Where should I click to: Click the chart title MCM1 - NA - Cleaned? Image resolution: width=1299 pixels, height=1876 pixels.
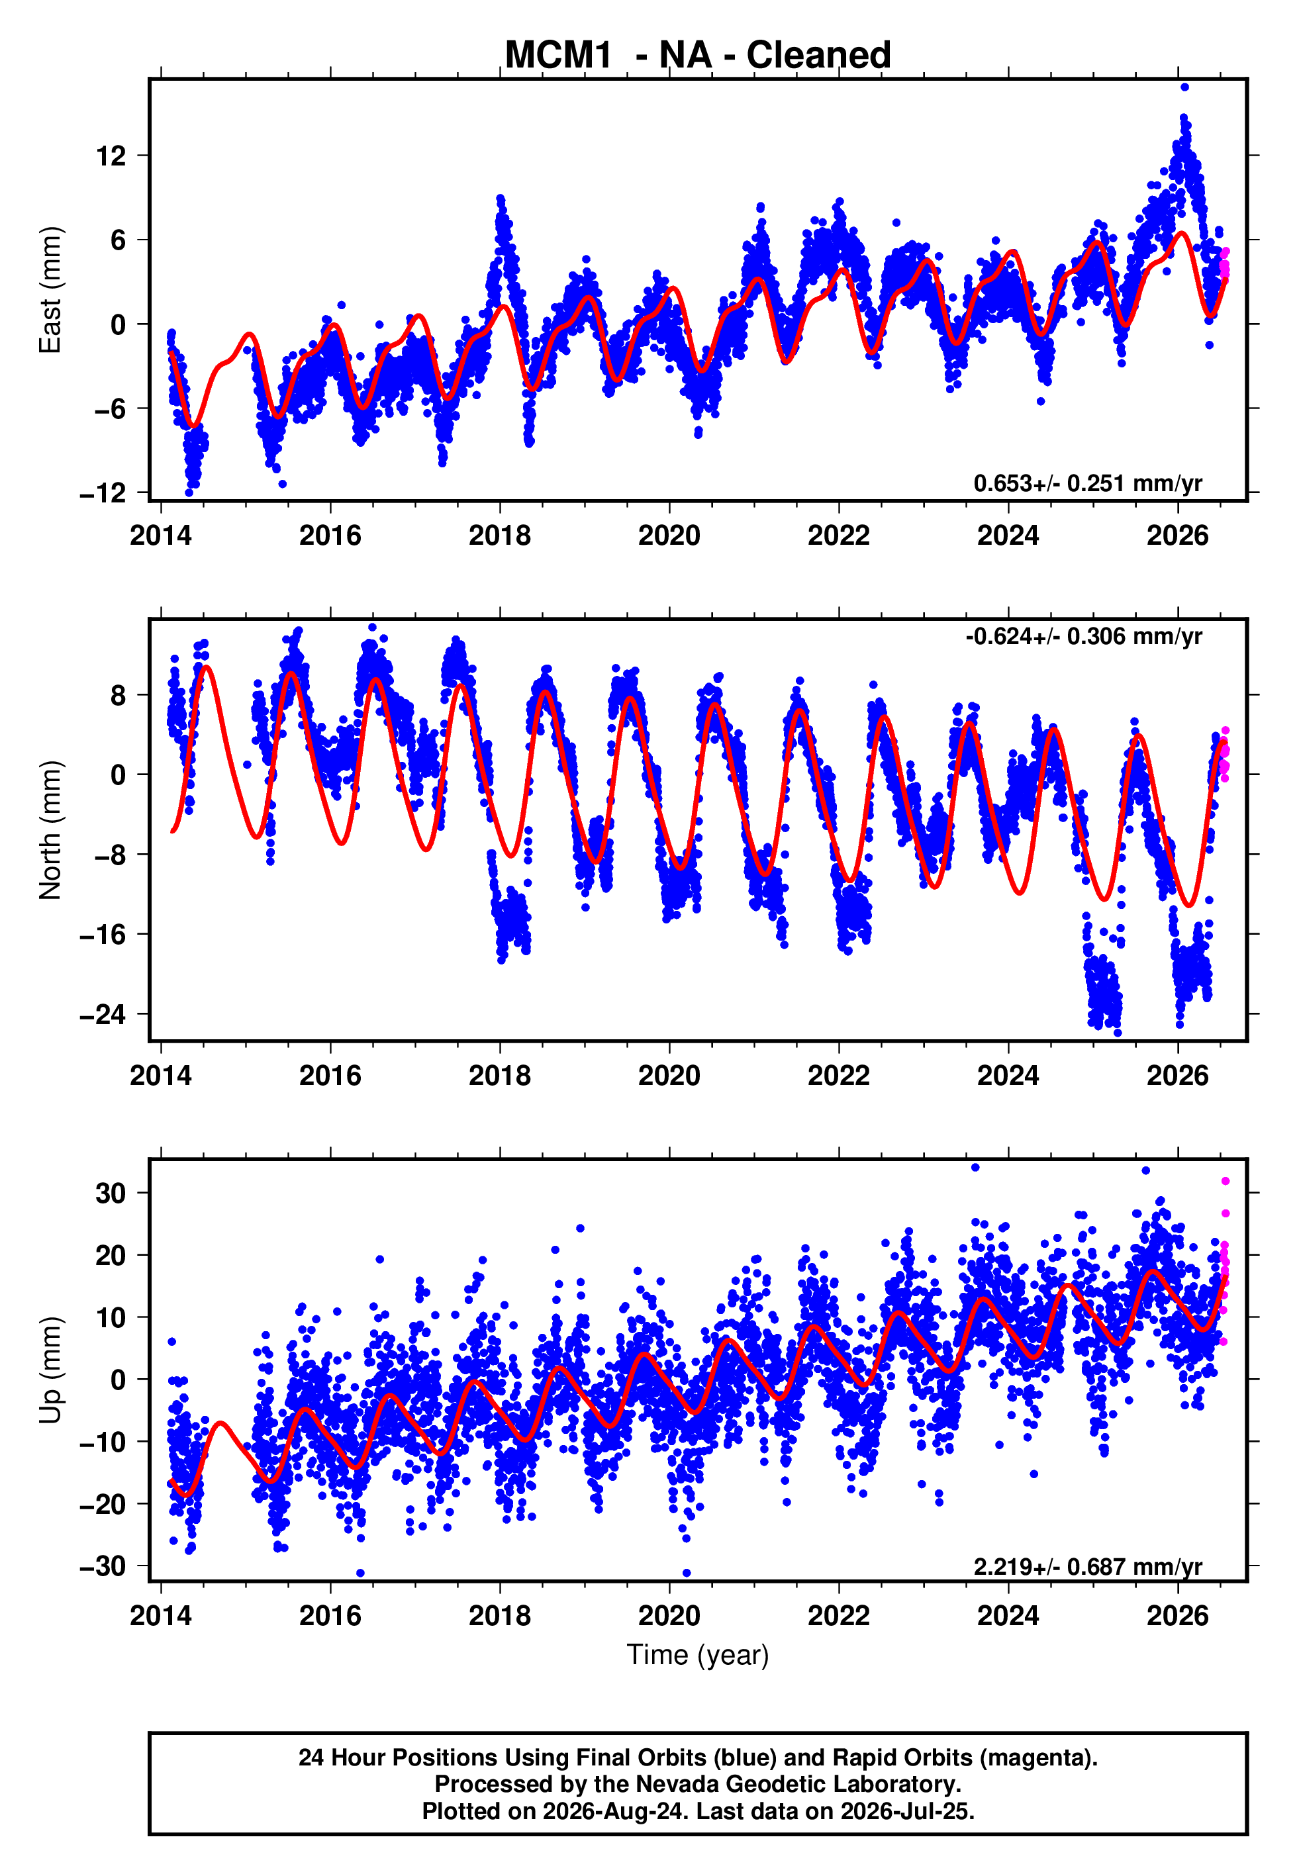point(698,56)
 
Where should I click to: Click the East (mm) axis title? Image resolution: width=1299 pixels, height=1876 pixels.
point(50,290)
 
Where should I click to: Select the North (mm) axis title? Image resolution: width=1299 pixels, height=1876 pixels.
point(50,830)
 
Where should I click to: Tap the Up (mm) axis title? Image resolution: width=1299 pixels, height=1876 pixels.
point(50,1370)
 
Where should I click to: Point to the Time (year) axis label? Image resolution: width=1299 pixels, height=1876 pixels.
point(698,1656)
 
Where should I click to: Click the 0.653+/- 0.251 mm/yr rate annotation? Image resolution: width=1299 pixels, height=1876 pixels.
point(1087,483)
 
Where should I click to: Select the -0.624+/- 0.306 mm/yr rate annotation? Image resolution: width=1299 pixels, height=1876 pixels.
point(1083,636)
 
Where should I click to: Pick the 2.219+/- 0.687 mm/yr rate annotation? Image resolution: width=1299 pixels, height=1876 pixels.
point(1087,1566)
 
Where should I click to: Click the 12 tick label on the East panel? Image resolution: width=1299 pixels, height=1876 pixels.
point(111,156)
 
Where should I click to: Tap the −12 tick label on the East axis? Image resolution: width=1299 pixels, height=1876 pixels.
point(103,493)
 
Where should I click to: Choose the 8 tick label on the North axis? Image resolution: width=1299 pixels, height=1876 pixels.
point(119,696)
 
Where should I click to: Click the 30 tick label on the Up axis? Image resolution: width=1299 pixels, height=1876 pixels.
point(111,1194)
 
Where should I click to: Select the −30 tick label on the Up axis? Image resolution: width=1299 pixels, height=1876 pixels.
point(103,1566)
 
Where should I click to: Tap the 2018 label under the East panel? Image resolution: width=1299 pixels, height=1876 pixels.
point(500,536)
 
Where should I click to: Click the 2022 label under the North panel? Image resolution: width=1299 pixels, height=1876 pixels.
point(838,1076)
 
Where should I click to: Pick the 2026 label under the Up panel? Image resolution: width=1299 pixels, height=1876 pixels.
point(1178,1616)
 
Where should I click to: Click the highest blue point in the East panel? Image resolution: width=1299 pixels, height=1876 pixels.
point(1184,87)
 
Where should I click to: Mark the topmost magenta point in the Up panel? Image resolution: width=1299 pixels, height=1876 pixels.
point(1225,1181)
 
